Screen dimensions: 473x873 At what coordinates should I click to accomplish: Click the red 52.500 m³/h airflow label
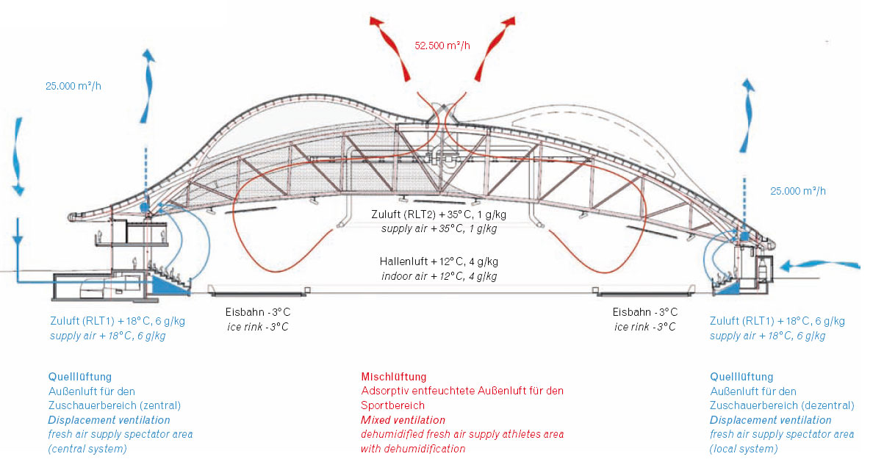442,46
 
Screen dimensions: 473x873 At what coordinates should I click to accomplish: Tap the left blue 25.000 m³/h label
73,85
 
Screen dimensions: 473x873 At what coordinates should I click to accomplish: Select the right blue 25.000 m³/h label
798,191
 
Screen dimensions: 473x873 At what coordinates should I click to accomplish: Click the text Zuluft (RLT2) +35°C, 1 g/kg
439,215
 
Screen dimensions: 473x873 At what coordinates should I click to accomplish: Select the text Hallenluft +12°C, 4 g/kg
438,262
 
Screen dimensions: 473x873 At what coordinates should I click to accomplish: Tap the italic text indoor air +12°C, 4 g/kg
439,276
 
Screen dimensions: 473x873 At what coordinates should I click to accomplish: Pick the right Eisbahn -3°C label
644,312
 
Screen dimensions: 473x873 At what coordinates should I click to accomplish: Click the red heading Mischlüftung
394,377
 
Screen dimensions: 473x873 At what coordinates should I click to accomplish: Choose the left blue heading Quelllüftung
80,377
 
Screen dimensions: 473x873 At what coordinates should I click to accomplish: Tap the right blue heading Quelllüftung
741,377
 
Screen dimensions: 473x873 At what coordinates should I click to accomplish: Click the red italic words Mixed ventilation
403,420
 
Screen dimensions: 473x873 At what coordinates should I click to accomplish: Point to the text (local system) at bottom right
743,449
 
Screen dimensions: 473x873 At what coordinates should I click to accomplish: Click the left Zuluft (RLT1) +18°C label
107,321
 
